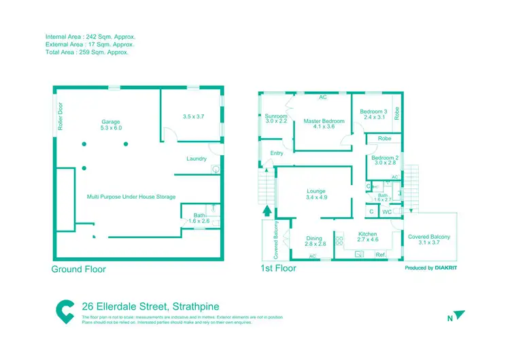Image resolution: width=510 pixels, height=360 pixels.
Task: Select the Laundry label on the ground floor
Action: click(x=197, y=159)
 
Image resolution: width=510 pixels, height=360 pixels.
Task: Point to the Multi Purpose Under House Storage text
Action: click(x=131, y=197)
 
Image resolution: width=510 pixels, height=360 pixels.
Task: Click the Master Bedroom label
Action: click(x=324, y=122)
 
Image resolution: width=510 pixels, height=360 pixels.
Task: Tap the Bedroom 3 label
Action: click(x=373, y=112)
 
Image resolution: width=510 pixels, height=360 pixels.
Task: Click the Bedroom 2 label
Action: click(x=384, y=158)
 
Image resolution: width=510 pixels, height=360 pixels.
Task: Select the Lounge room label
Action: click(x=316, y=191)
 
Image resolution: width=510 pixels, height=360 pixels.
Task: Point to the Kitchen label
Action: click(x=367, y=235)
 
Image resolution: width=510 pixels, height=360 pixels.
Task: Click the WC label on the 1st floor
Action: click(x=386, y=212)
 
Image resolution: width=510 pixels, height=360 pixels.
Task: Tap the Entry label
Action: click(x=277, y=153)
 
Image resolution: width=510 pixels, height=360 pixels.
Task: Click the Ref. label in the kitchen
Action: click(x=380, y=255)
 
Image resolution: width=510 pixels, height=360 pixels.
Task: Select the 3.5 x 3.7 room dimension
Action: click(x=194, y=116)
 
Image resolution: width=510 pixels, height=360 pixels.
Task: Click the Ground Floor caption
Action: click(x=79, y=269)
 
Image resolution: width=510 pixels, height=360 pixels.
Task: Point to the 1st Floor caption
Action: click(x=279, y=269)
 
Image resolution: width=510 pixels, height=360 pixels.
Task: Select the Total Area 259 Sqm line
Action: click(x=86, y=52)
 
